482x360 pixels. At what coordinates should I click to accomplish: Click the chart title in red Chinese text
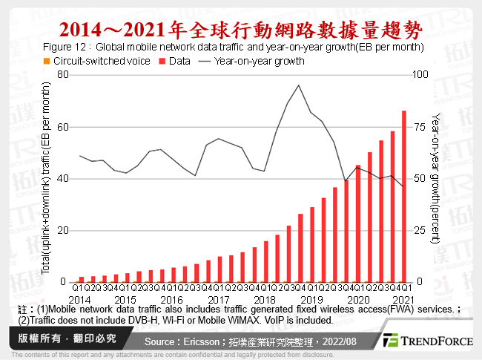240,30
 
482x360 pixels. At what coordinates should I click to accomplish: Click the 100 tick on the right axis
419,75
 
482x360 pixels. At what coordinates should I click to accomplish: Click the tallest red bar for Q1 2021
403,196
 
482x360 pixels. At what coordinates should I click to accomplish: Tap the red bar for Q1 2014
82,279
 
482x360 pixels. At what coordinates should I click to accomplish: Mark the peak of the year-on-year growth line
298,85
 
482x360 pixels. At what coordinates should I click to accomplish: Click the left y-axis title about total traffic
46,178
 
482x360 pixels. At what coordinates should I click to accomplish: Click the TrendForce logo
428,341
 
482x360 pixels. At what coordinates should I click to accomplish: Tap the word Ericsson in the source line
201,341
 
